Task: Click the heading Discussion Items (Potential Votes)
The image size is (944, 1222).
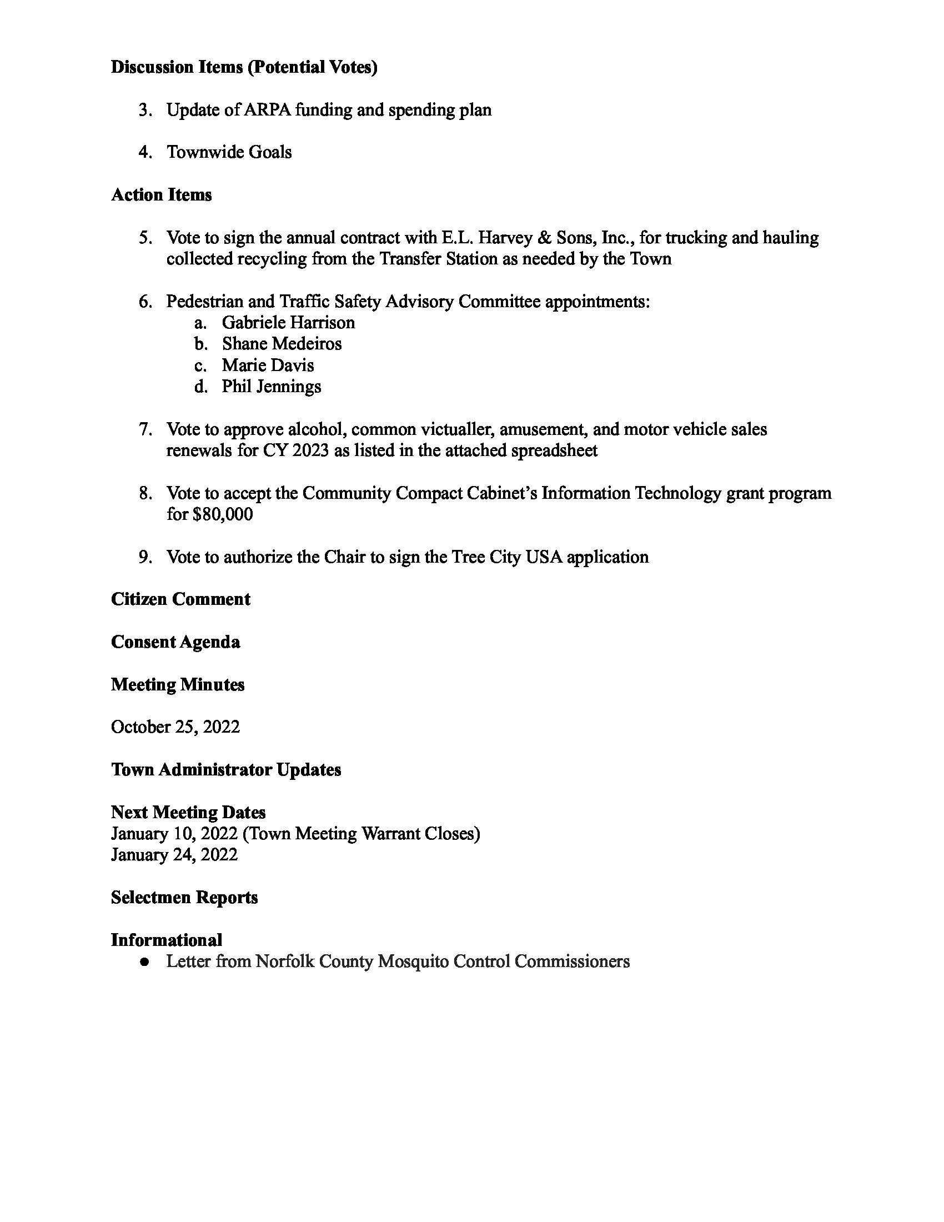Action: tap(244, 67)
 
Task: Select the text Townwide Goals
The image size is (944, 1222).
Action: tap(229, 152)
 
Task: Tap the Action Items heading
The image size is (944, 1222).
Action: tap(161, 195)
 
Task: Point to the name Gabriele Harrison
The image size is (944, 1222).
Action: tap(288, 323)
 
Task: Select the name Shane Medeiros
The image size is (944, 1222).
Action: tap(282, 343)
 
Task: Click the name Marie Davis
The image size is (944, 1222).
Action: tap(267, 365)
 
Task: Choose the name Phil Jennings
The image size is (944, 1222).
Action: tap(271, 387)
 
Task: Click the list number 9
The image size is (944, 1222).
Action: tap(144, 557)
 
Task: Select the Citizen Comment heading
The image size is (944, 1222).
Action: tap(180, 599)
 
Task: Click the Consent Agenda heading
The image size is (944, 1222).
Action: tap(175, 642)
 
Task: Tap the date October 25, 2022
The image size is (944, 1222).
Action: tap(175, 727)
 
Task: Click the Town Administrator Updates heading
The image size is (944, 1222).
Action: tap(226, 770)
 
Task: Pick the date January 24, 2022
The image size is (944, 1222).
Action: tap(174, 854)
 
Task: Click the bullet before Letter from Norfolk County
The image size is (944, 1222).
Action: tap(145, 962)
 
